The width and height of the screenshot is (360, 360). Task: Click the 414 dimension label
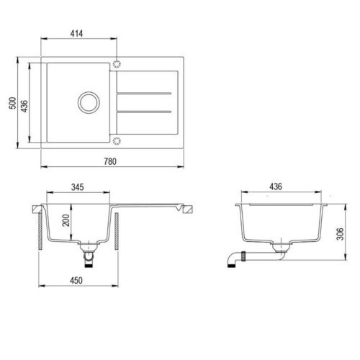coord(76,33)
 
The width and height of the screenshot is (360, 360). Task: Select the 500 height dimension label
coord(13,103)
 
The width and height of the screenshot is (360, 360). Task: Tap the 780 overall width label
coord(110,161)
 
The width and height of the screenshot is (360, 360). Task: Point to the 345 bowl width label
coord(78,187)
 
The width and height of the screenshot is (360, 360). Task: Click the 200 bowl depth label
coord(66,220)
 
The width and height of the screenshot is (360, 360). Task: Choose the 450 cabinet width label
coord(76,280)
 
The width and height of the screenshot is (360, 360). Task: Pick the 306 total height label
coord(340,233)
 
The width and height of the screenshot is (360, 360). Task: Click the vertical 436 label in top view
coord(24,106)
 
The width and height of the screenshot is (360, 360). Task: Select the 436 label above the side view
coord(276,186)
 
